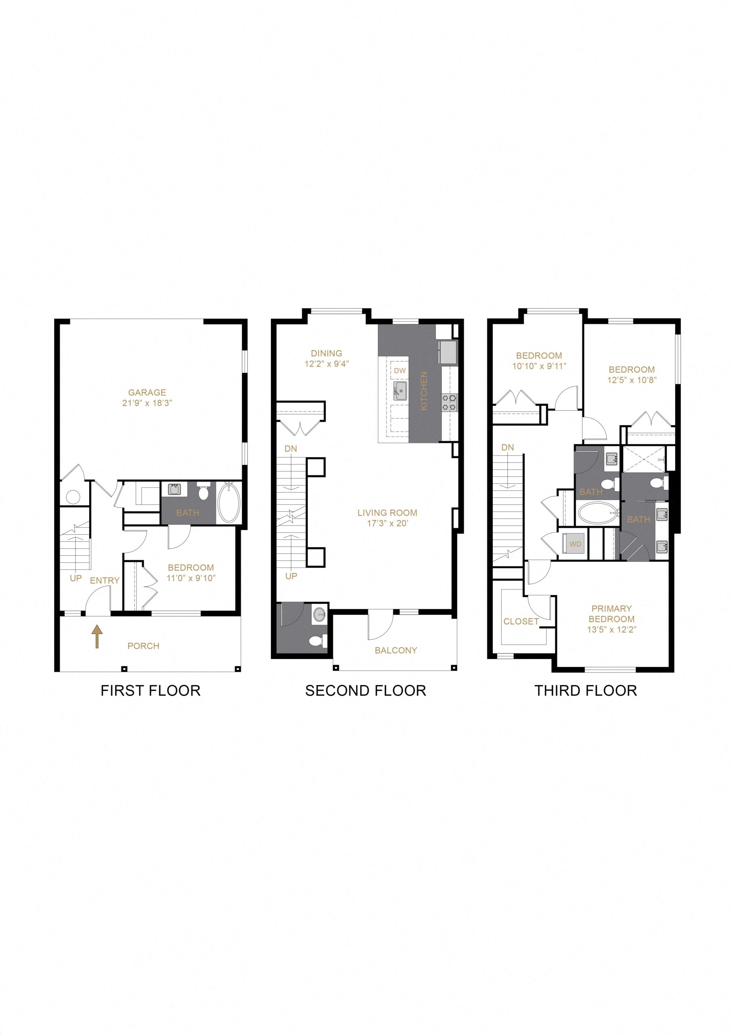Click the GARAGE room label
point(147,392)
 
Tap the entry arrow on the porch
point(97,638)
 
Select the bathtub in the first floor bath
point(229,502)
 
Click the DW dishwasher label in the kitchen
point(399,371)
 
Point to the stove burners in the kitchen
point(449,402)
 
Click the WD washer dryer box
point(575,544)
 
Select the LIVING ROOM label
point(387,513)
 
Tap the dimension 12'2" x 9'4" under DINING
point(327,364)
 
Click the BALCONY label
point(395,650)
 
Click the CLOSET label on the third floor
point(521,622)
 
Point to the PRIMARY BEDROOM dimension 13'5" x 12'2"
point(611,630)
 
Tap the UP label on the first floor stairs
point(76,578)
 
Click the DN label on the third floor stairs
point(507,448)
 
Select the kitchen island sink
point(400,391)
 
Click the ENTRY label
point(105,580)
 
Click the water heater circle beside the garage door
point(73,497)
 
